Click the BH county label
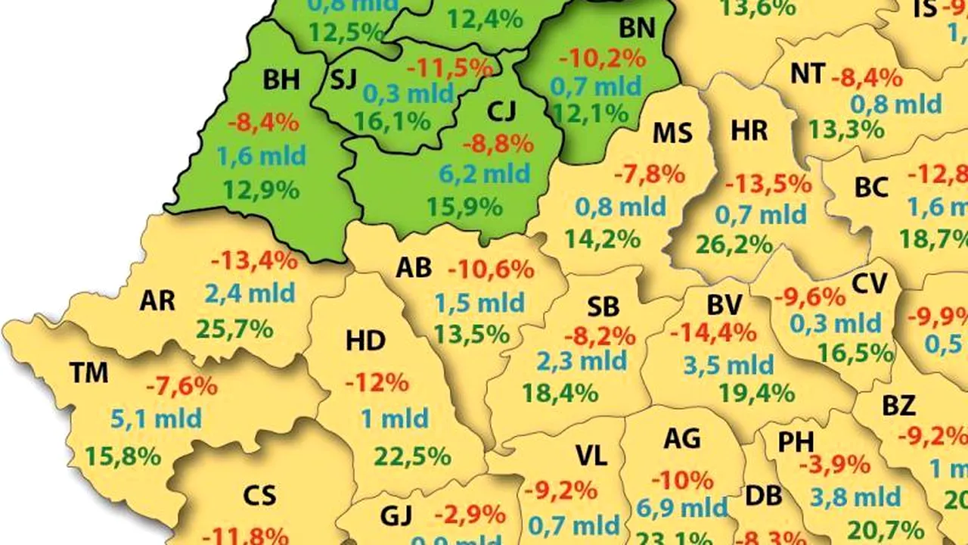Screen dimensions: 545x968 click(281, 79)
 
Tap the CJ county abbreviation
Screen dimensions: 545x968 click(501, 111)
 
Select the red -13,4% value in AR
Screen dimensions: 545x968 click(255, 261)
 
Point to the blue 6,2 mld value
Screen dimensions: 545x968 click(486, 174)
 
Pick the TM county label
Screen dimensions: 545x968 click(88, 372)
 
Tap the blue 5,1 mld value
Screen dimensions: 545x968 click(157, 418)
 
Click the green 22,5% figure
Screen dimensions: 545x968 click(412, 456)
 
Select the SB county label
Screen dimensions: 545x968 click(603, 307)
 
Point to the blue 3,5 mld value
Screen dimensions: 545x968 click(729, 366)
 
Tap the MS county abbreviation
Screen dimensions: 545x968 click(672, 134)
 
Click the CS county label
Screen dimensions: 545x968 click(259, 496)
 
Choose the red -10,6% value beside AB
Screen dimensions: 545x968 click(491, 269)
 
